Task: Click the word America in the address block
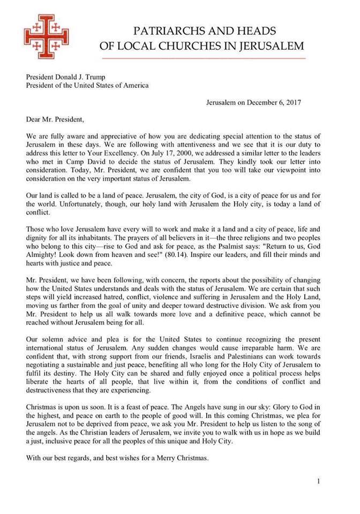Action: (x=133, y=85)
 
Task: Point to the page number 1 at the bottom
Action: (x=319, y=481)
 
